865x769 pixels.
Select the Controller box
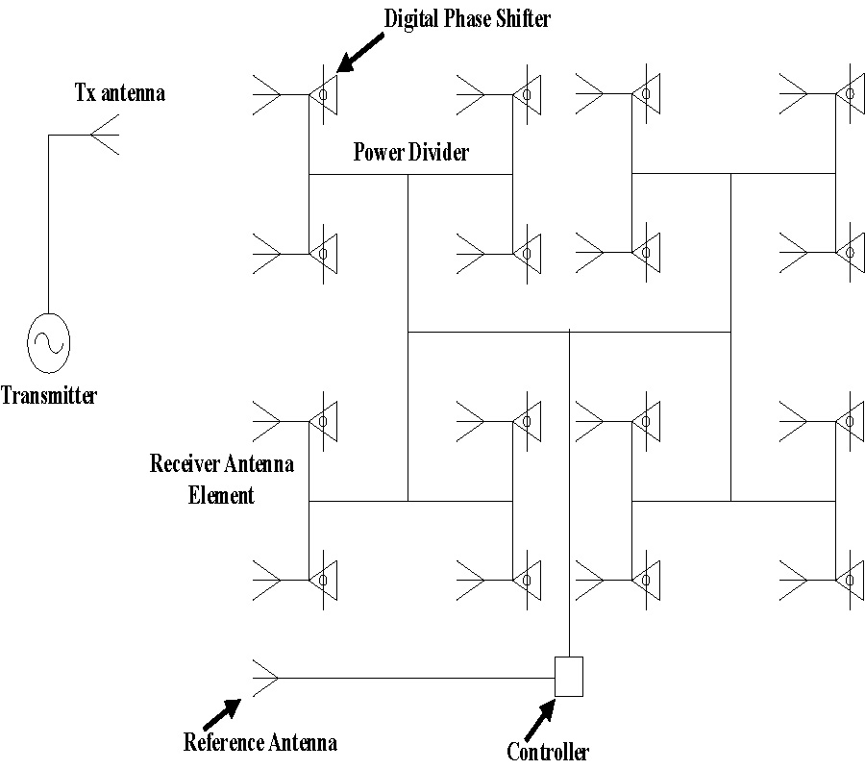click(570, 676)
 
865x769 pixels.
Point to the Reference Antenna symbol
click(265, 678)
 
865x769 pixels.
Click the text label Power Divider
click(411, 152)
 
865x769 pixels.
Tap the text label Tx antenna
click(120, 94)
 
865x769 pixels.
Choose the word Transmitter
click(49, 395)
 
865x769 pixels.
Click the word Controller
click(548, 752)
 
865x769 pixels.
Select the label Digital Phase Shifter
click(468, 18)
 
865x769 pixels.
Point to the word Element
click(221, 496)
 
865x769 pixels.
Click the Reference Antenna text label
click(260, 742)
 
